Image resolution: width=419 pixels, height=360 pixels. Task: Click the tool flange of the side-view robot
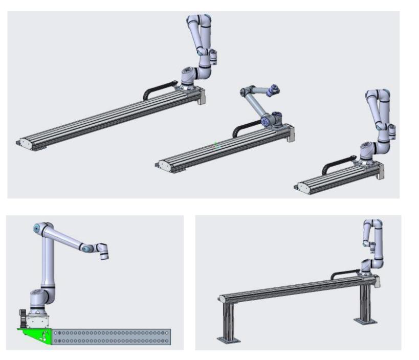(104, 252)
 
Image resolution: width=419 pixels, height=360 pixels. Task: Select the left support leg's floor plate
(227, 339)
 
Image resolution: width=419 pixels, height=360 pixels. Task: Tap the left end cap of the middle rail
(163, 164)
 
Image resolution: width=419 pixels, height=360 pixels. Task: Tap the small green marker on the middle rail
(216, 145)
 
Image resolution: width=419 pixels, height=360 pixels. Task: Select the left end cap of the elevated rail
(220, 298)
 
